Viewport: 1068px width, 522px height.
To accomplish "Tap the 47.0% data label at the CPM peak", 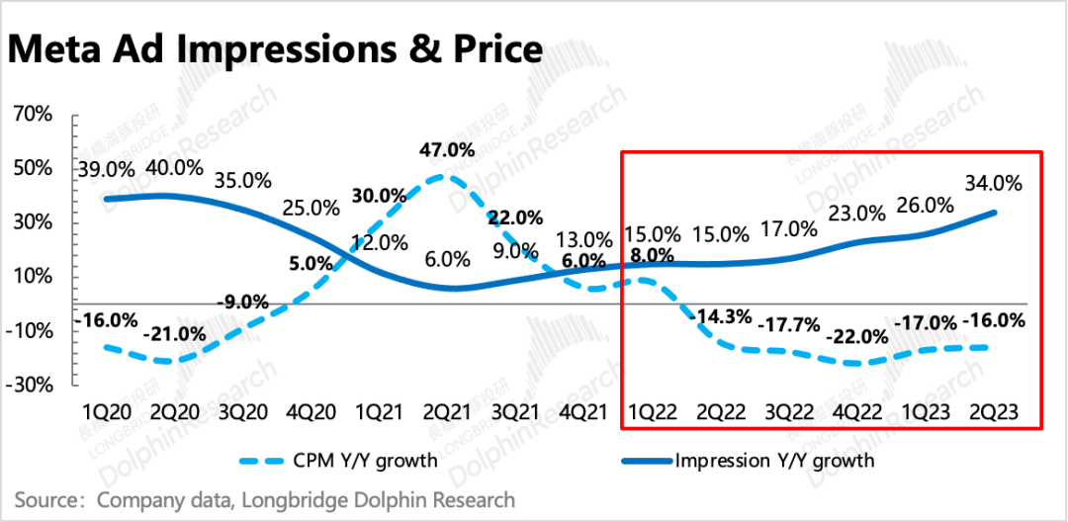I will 446,150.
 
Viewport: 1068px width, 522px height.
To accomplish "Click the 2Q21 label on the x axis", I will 445,410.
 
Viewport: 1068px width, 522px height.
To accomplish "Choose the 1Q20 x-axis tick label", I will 106,410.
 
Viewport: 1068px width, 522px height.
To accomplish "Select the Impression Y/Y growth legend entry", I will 775,460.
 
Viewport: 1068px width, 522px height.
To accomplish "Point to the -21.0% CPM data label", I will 174,334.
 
